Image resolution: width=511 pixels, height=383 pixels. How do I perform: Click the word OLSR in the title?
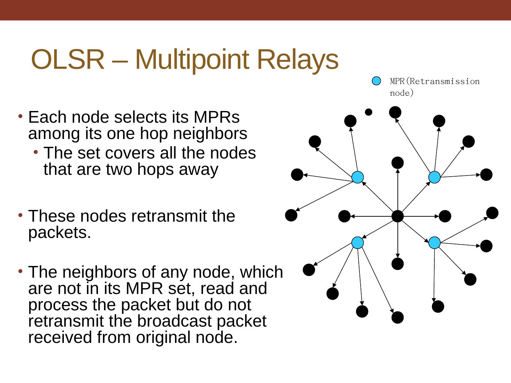(x=68, y=59)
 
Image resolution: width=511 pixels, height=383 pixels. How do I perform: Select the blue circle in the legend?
(x=376, y=81)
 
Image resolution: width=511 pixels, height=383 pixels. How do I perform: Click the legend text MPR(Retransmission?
(x=434, y=82)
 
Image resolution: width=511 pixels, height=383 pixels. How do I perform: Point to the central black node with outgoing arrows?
(x=397, y=216)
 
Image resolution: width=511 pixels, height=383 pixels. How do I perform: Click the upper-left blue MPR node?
(x=358, y=177)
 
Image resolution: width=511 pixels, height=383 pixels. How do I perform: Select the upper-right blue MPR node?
(x=434, y=177)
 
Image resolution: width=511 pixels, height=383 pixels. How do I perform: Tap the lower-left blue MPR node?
(x=358, y=243)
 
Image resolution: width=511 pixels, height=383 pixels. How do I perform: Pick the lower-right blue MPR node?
(x=434, y=243)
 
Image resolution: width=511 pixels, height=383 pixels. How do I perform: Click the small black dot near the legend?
(x=369, y=112)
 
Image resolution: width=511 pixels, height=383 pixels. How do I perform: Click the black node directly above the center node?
(x=397, y=163)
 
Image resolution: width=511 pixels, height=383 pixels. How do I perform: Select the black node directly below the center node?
(x=397, y=264)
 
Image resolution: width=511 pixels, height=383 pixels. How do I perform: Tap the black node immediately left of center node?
(x=344, y=216)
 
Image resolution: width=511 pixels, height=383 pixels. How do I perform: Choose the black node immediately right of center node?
(x=445, y=216)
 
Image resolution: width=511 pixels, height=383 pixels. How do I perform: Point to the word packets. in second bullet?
(x=60, y=233)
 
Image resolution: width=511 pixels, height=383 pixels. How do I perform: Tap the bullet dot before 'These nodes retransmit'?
(x=21, y=215)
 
